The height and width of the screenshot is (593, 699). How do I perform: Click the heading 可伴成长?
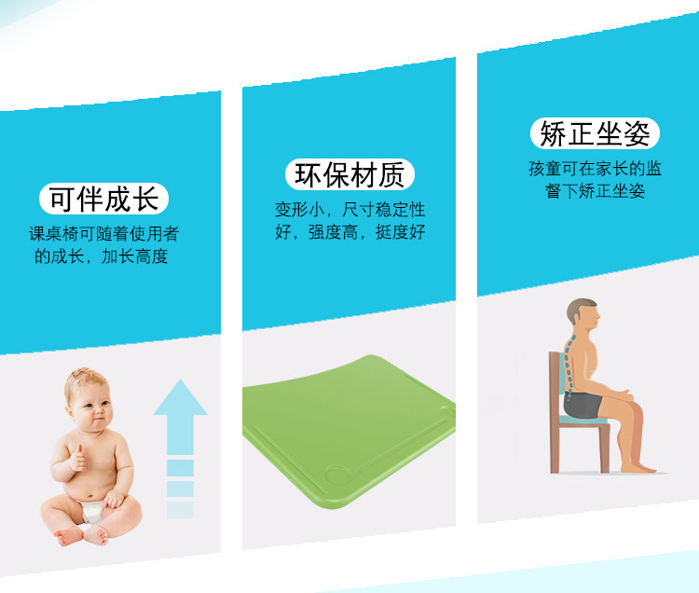point(103,199)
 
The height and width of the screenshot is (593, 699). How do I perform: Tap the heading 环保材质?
point(349,174)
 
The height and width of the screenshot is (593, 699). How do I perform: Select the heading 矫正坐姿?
point(595,133)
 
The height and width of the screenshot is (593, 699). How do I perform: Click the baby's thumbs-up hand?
point(78,459)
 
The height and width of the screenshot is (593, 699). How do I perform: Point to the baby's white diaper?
point(92,511)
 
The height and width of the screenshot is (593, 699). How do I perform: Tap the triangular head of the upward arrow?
point(180,397)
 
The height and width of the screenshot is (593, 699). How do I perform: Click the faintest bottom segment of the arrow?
point(180,510)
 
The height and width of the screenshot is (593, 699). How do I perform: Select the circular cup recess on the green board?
point(337,476)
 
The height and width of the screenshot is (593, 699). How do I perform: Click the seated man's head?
point(583,313)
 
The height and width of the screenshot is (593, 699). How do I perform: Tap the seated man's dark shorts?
point(582,404)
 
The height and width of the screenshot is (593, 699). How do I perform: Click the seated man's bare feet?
point(638,468)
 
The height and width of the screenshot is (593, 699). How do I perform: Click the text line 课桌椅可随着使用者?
point(103,234)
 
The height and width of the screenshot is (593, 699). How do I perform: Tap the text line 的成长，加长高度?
point(102,256)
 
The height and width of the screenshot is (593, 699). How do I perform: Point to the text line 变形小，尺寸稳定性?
point(349,210)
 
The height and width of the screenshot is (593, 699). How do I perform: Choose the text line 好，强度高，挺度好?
point(349,232)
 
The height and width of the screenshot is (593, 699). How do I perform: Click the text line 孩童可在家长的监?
point(595,169)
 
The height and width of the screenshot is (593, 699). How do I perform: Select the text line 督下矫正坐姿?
point(595,191)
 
